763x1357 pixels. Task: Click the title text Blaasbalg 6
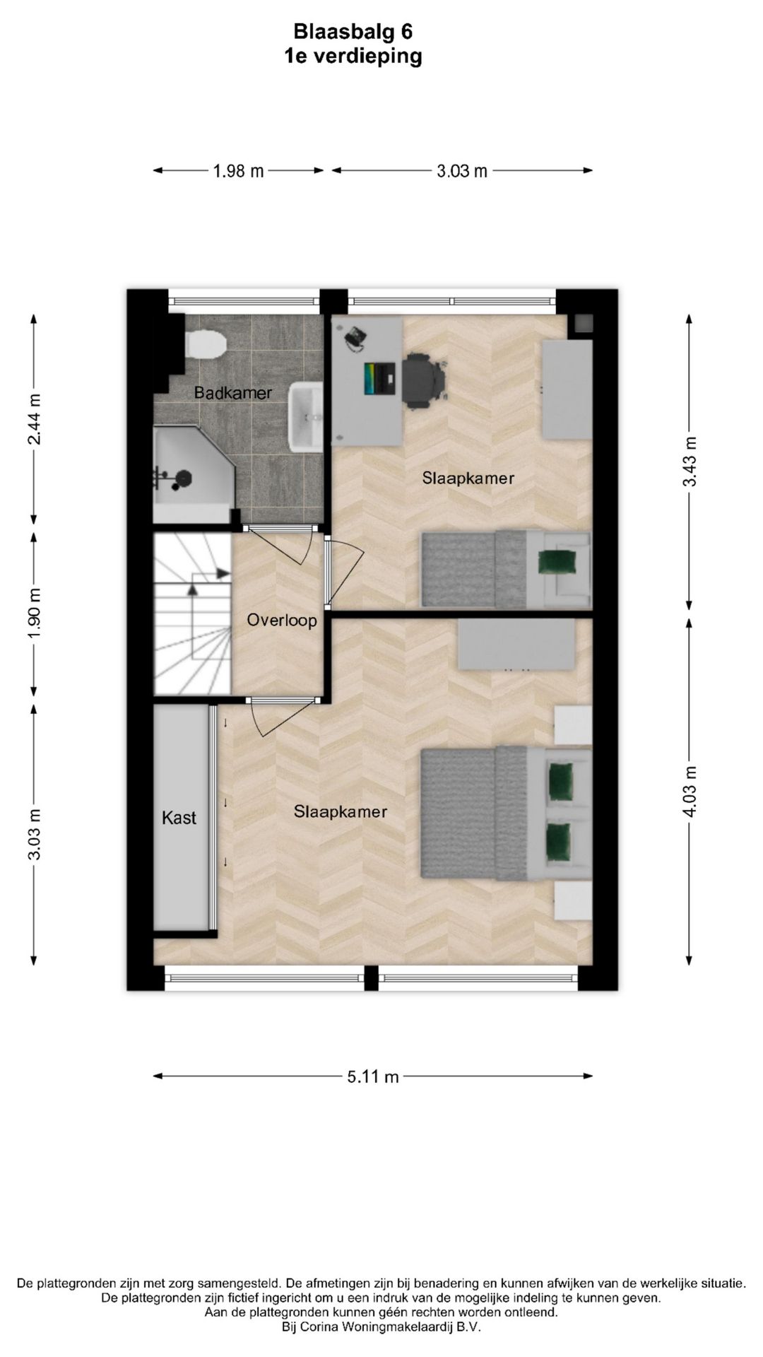353,32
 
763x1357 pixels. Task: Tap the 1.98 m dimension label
238,171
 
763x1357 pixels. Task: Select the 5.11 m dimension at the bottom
372,1076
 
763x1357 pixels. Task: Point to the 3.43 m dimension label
690,462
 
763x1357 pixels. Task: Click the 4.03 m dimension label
690,791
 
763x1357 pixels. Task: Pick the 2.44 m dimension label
34,419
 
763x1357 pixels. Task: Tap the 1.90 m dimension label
34,613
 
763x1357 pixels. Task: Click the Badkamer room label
232,393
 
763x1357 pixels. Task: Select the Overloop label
281,621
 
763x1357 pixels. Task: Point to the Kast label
179,818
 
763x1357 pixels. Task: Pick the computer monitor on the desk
380,379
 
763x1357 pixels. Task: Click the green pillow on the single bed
557,562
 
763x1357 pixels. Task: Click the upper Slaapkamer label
468,478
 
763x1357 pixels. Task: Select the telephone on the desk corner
355,338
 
